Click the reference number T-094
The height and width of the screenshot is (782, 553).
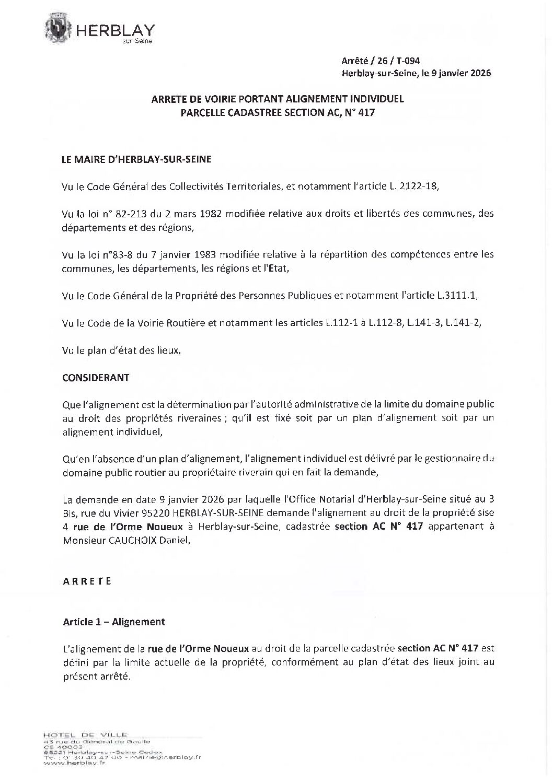pos(409,61)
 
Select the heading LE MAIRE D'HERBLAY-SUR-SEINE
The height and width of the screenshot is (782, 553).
pos(137,159)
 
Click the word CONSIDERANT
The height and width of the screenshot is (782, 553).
pos(96,377)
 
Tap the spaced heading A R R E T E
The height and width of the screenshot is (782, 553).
pos(87,581)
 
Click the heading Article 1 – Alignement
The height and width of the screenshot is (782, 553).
pos(113,622)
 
